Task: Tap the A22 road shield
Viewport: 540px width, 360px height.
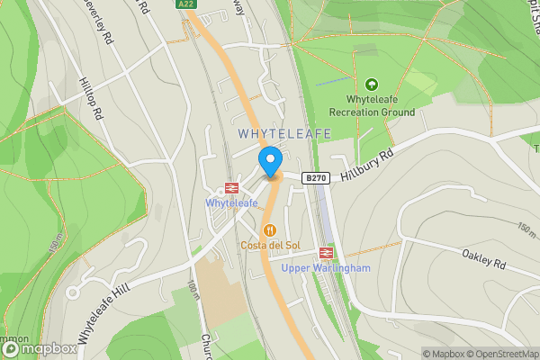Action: click(x=186, y=4)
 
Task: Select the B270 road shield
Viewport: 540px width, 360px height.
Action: click(x=314, y=178)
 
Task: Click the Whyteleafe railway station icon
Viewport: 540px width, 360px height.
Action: click(x=231, y=188)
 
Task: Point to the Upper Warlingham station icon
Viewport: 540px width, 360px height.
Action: click(x=326, y=253)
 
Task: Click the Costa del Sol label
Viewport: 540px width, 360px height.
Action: click(x=269, y=246)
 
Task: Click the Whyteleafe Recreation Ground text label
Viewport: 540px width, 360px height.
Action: click(x=372, y=105)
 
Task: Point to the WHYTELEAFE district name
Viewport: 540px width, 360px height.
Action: click(x=285, y=133)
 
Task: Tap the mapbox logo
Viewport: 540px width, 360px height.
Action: click(x=38, y=348)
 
